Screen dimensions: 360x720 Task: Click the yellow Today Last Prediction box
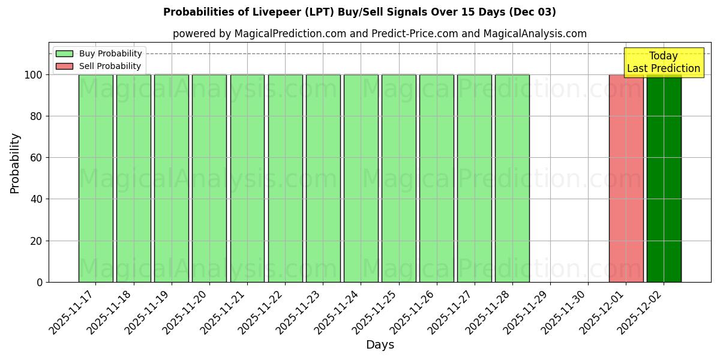(x=664, y=62)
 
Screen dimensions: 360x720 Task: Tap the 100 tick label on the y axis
(x=33, y=75)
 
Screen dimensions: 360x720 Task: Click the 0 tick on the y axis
(x=40, y=282)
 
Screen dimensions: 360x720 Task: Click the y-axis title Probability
(x=15, y=163)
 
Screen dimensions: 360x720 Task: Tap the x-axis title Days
(x=380, y=345)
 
